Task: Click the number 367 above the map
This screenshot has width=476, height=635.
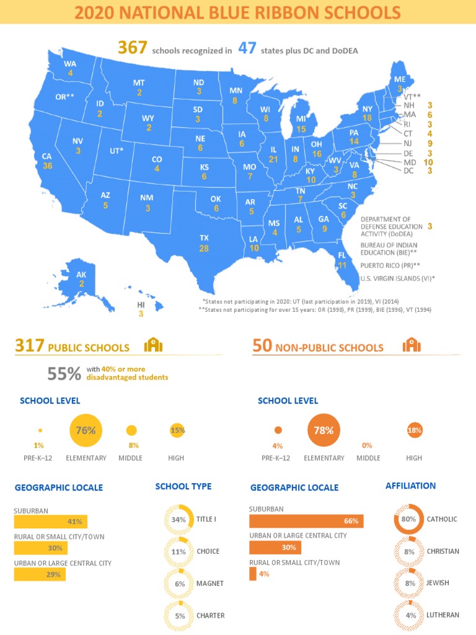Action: pos(132,48)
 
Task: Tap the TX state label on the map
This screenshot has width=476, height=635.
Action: pos(204,238)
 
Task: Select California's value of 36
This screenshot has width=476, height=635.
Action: pos(48,166)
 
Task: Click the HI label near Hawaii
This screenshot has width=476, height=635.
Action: pos(141,305)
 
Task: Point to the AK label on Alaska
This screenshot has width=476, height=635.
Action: pos(81,275)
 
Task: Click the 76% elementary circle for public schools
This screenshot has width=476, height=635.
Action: pos(86,430)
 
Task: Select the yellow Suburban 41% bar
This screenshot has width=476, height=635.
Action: pos(50,522)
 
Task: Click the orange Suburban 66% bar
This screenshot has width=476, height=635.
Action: pos(306,521)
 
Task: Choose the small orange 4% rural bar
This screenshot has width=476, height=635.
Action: pos(252,574)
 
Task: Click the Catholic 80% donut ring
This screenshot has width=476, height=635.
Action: pos(408,519)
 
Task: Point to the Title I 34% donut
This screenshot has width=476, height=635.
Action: pos(179,520)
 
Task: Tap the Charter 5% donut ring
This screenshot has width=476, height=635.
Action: pos(179,616)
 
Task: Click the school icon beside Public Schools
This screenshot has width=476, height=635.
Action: pos(152,346)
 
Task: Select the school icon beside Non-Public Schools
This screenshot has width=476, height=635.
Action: pos(411,345)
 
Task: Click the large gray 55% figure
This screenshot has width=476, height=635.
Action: pos(64,373)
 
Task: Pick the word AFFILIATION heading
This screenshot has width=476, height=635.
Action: pos(410,486)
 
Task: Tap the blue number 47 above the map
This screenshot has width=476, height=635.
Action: pos(247,48)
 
